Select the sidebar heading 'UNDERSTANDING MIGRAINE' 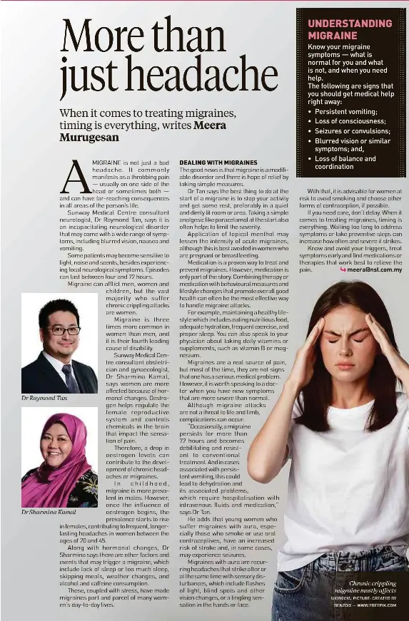pyautogui.click(x=350, y=29)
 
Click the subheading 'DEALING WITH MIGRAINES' pyautogui.click(x=218, y=163)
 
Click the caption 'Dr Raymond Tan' pyautogui.click(x=44, y=398)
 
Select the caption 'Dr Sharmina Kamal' pyautogui.click(x=49, y=512)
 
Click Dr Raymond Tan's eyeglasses pyautogui.click(x=64, y=330)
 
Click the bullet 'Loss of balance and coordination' pyautogui.click(x=345, y=163)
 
